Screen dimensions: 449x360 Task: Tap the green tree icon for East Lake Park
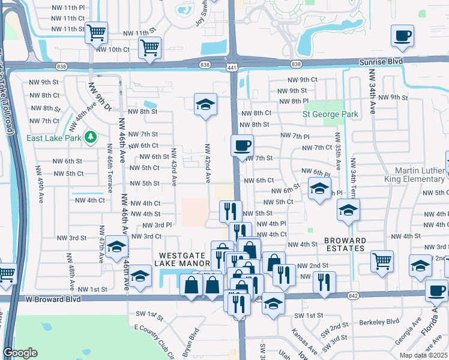pos(91,137)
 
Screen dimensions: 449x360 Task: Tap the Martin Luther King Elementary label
pos(408,178)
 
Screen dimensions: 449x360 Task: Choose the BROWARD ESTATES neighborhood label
pos(345,244)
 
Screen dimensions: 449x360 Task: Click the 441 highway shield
pos(232,67)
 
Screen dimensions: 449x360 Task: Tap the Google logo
pos(20,353)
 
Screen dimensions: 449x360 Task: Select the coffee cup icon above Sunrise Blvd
pos(402,35)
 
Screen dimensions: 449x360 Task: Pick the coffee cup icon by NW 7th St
pos(243,145)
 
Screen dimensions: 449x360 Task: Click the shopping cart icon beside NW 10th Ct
pos(149,47)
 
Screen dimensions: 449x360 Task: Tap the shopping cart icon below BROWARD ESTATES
pos(382,260)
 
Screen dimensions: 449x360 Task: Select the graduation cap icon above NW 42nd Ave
pos(205,104)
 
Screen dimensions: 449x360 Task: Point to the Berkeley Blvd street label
pos(379,321)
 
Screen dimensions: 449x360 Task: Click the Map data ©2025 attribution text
pos(423,355)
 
